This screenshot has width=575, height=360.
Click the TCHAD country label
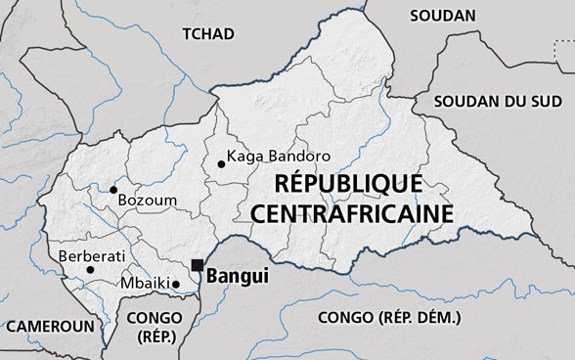[x=208, y=34]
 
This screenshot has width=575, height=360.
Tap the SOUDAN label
[x=443, y=16]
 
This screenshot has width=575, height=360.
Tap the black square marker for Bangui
[x=198, y=265]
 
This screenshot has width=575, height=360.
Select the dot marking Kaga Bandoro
[x=221, y=163]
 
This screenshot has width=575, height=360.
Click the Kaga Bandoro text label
[x=279, y=156]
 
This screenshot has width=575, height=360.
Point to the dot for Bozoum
[x=114, y=190]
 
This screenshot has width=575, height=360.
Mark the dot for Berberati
[x=90, y=269]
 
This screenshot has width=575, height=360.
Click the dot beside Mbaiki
[x=177, y=284]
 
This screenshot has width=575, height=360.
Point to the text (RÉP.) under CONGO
[x=155, y=337]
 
